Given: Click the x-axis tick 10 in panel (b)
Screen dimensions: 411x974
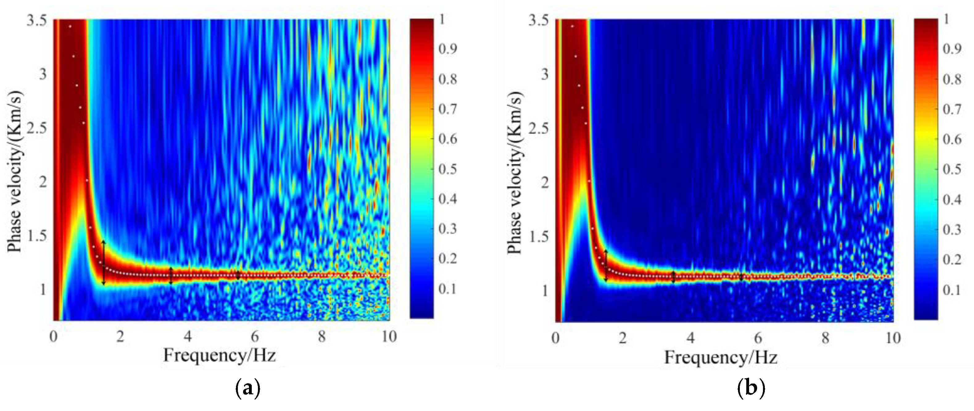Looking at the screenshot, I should point(893,337).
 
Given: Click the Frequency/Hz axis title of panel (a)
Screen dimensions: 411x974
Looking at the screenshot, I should point(219,355).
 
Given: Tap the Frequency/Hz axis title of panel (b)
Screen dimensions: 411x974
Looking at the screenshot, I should point(721,357).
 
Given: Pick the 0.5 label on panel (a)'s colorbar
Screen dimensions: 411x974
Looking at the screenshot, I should point(448,169).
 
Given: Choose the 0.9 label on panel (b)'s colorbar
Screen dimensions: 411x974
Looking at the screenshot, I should point(952,49).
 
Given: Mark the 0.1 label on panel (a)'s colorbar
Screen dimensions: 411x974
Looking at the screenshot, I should point(448,289).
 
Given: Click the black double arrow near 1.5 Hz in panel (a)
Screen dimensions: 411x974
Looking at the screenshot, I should point(104,262).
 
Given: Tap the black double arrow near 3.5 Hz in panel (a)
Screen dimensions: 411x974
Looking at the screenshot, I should point(171,276).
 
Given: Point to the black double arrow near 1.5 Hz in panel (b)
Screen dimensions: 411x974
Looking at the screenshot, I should point(606,265).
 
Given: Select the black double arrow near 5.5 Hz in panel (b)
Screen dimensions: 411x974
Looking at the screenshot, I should point(741,277).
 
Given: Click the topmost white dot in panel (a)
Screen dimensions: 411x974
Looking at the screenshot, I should point(70,27).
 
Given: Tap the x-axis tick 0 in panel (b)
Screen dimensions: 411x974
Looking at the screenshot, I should point(555,337).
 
